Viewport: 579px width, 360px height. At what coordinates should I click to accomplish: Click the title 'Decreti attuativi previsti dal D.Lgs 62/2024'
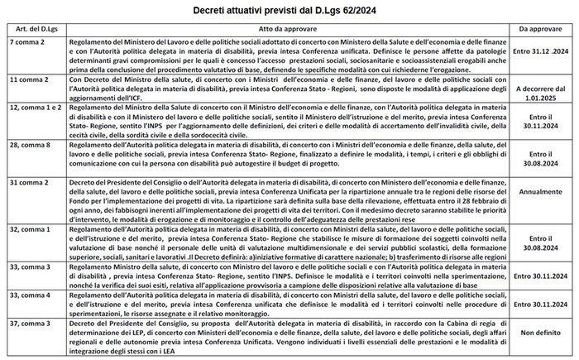pyautogui.click(x=289, y=10)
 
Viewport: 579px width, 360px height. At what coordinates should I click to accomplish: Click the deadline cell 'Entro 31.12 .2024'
pyautogui.click(x=540, y=57)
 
